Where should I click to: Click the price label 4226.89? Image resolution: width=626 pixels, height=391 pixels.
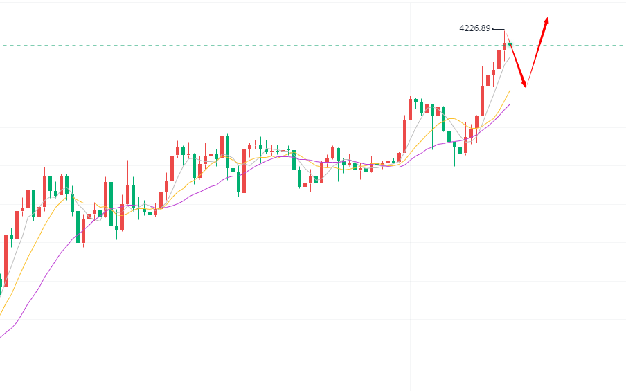pos(474,28)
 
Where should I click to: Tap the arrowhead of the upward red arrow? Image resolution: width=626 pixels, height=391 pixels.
pos(547,21)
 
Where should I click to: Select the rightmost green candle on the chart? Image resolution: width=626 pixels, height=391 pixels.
pos(510,45)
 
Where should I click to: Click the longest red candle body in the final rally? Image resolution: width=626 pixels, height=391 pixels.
pos(482,100)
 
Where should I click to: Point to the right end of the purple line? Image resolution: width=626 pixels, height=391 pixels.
pos(510,104)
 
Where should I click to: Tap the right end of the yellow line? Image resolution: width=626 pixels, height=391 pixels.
pos(510,90)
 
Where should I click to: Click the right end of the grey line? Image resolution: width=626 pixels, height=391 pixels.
pos(512,56)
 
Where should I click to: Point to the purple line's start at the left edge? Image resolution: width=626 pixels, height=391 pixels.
pos(1,337)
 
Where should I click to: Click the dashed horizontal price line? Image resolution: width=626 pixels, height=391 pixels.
pos(277,46)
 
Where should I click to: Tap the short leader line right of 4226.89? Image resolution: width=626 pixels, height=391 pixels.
pos(497,29)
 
